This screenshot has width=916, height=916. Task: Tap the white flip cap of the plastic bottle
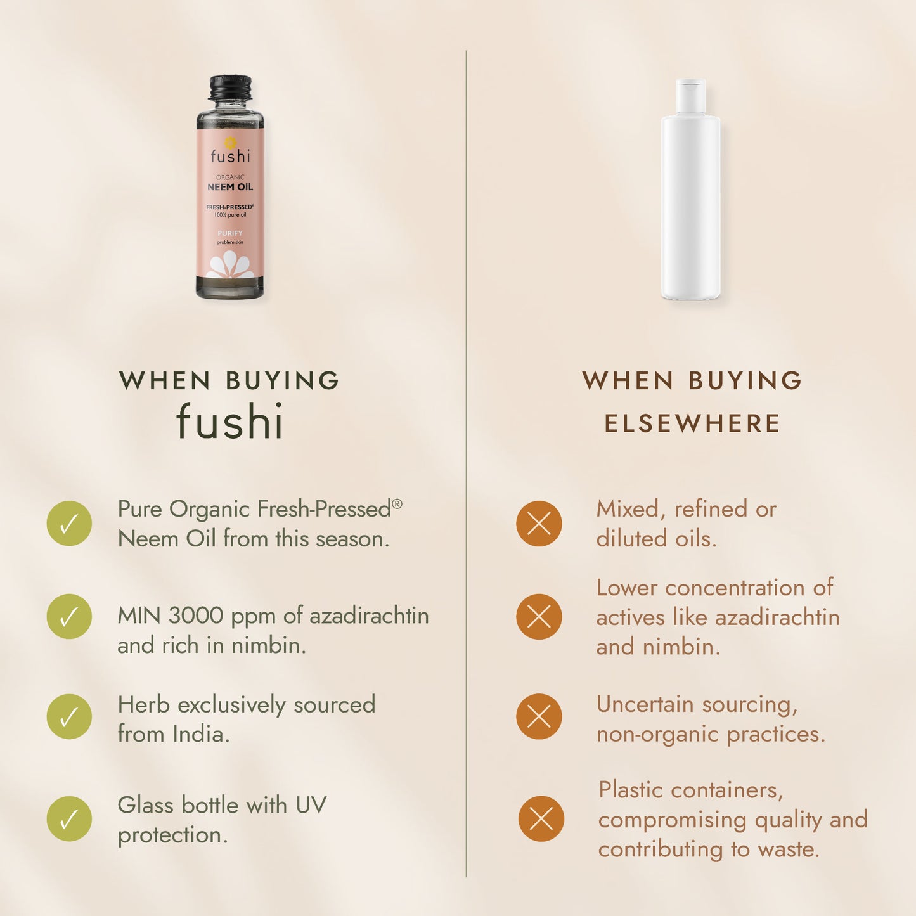coord(691,96)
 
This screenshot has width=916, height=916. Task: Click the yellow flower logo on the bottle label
coord(230,143)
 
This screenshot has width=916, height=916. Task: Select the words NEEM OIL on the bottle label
coord(230,187)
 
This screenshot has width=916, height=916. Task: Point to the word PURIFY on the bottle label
coord(230,233)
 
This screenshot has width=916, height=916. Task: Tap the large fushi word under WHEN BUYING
coord(230,420)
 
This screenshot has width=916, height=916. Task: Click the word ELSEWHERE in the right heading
coord(692,423)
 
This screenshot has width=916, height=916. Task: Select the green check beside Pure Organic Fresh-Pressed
coord(69,524)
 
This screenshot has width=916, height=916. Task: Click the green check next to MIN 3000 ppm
coord(69,617)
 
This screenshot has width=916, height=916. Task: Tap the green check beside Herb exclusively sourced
coord(69,716)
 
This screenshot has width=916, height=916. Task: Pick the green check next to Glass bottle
coord(69,819)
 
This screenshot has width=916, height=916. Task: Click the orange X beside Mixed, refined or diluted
coord(539,524)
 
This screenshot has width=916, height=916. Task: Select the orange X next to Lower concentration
coord(539,617)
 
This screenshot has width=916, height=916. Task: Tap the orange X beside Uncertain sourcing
coord(539,716)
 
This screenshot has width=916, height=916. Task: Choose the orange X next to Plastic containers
coord(541,819)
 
